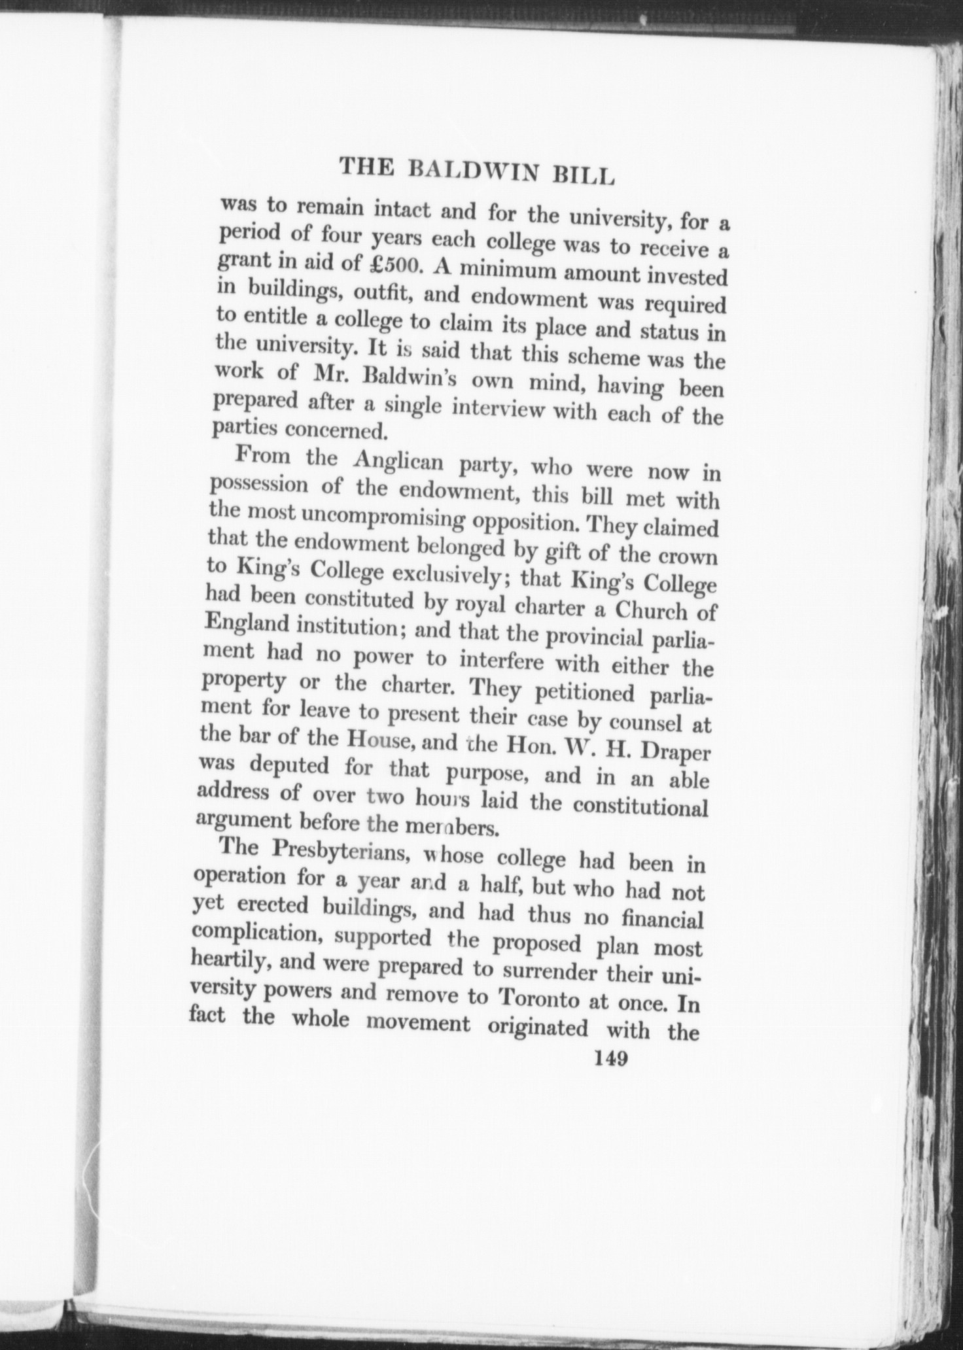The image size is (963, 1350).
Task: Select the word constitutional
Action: tap(640, 806)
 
